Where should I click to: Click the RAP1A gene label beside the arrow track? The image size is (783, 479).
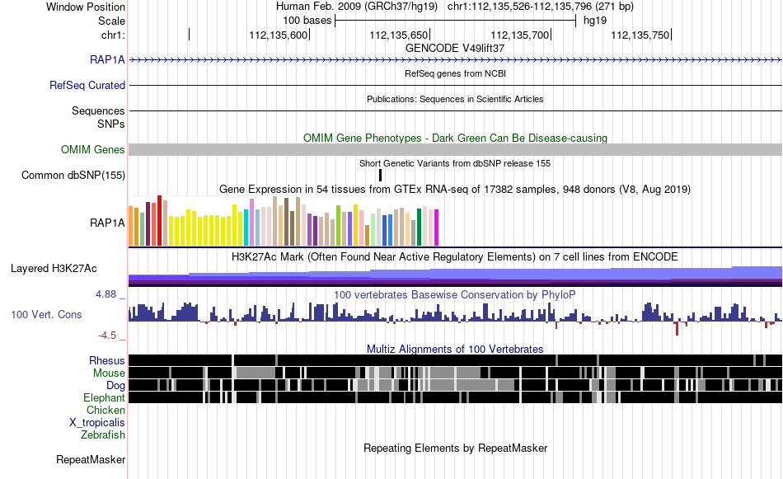click(x=107, y=60)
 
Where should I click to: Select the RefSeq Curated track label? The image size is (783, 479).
click(x=87, y=86)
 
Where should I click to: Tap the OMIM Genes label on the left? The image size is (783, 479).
click(x=93, y=149)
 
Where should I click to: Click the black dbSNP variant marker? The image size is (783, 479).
click(x=381, y=175)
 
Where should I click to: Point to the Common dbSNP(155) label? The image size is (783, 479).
click(x=73, y=176)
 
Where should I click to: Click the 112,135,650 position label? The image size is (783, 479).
click(x=398, y=35)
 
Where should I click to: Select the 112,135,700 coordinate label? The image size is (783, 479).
click(x=520, y=35)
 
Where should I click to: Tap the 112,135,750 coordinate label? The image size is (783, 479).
click(x=640, y=35)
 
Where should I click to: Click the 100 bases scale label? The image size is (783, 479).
click(x=307, y=21)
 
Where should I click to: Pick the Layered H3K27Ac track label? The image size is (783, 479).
click(x=54, y=269)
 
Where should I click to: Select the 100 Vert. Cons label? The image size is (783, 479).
click(x=46, y=315)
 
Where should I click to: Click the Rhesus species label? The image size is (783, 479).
click(x=107, y=360)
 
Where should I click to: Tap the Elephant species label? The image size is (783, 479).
click(x=104, y=397)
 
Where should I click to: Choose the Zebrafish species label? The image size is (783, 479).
click(x=103, y=435)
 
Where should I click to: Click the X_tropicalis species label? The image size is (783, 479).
click(x=97, y=423)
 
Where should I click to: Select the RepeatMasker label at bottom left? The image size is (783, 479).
click(x=91, y=459)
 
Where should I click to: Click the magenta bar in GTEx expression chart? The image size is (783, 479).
click(x=437, y=228)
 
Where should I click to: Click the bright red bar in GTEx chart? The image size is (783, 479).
click(x=160, y=221)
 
